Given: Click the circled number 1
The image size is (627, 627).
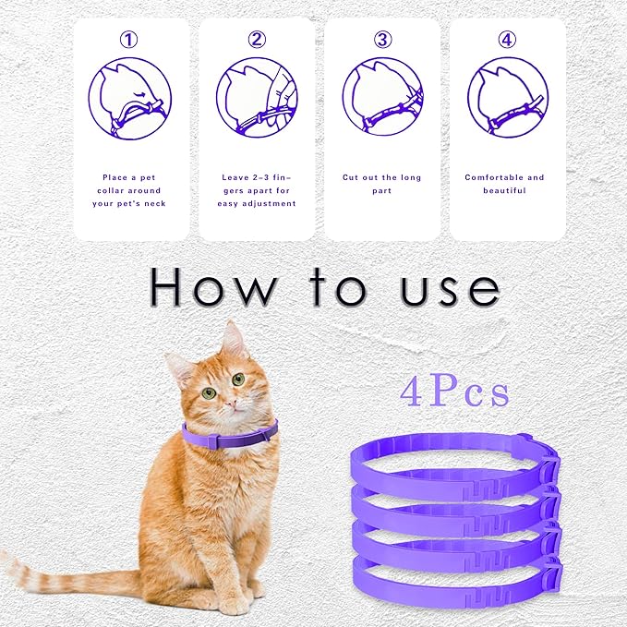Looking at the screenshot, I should tap(130, 40).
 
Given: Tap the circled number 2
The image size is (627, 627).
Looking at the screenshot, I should tap(257, 40).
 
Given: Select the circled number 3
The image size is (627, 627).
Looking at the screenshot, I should tap(381, 40).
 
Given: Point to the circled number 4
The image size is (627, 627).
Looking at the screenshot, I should tap(507, 40).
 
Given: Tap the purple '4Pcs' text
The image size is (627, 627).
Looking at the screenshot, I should tap(455, 392).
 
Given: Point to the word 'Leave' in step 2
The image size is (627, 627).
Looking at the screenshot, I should tap(235, 177).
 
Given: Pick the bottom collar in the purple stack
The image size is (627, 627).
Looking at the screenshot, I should tap(452, 580).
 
